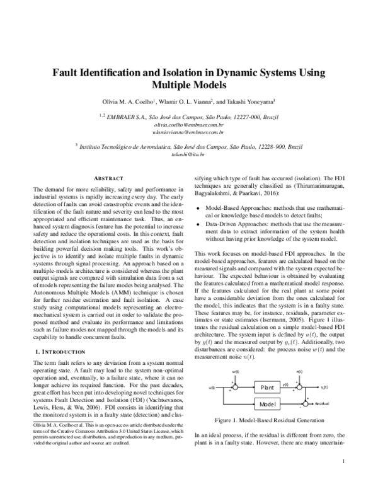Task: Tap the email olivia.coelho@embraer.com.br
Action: click(188, 125)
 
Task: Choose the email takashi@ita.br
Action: click(188, 154)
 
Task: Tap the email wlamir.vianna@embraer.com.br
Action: click(188, 132)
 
